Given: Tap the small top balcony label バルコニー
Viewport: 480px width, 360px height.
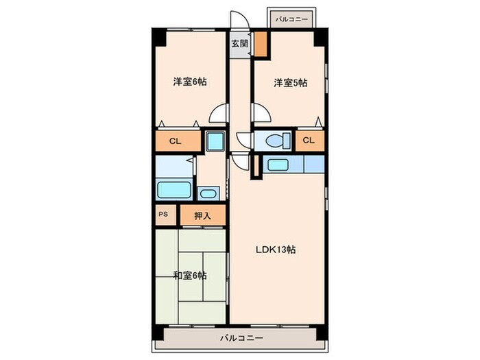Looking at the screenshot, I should point(291,19).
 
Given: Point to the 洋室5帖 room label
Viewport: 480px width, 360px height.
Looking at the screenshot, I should point(290,83).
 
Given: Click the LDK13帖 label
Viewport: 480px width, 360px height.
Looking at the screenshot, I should point(277,250).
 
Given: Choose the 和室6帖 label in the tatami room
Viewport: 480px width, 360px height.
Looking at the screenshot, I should point(190,276).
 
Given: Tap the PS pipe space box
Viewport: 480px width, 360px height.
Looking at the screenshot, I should point(163,214).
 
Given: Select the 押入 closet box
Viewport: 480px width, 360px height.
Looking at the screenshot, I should point(202,215).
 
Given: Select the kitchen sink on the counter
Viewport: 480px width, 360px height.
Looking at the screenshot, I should point(278,165).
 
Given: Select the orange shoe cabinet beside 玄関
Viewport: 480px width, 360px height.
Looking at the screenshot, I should point(261,43).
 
